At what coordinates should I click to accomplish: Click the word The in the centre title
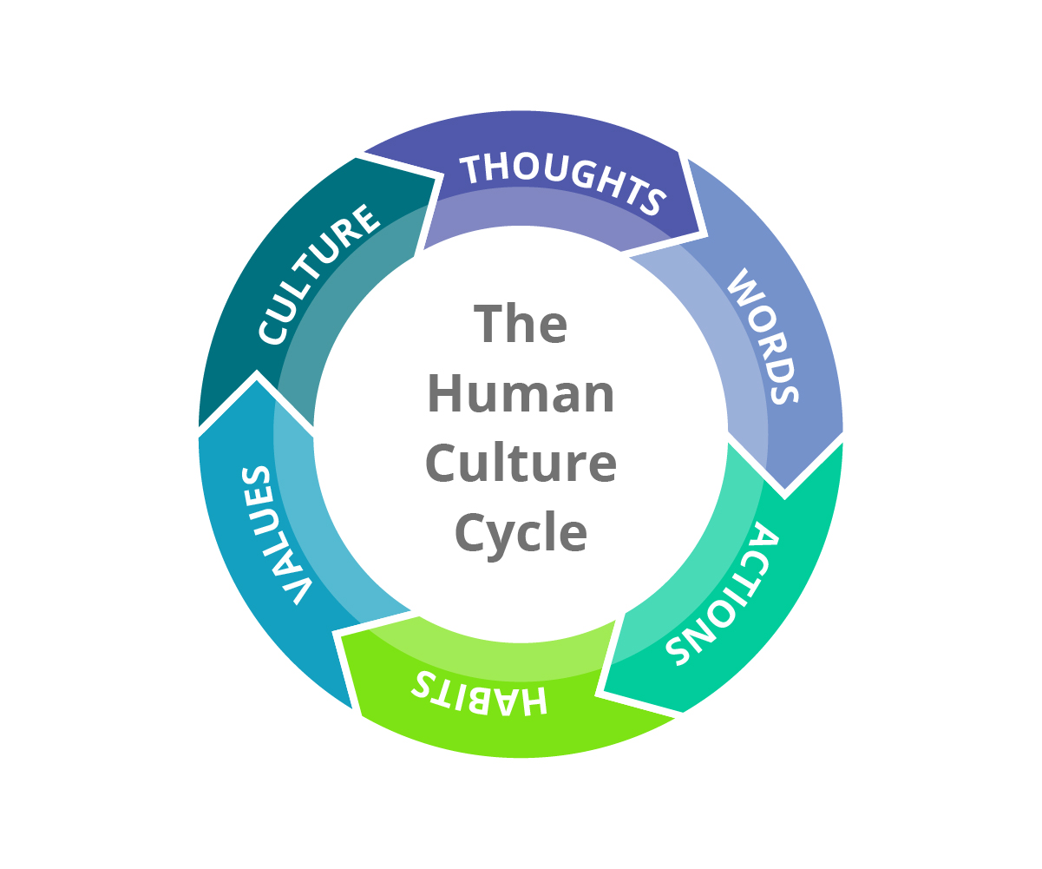pos(521,323)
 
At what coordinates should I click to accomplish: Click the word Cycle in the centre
pos(521,532)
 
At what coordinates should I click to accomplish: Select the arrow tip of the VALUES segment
pos(257,375)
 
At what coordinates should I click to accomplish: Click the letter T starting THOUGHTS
pos(470,169)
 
